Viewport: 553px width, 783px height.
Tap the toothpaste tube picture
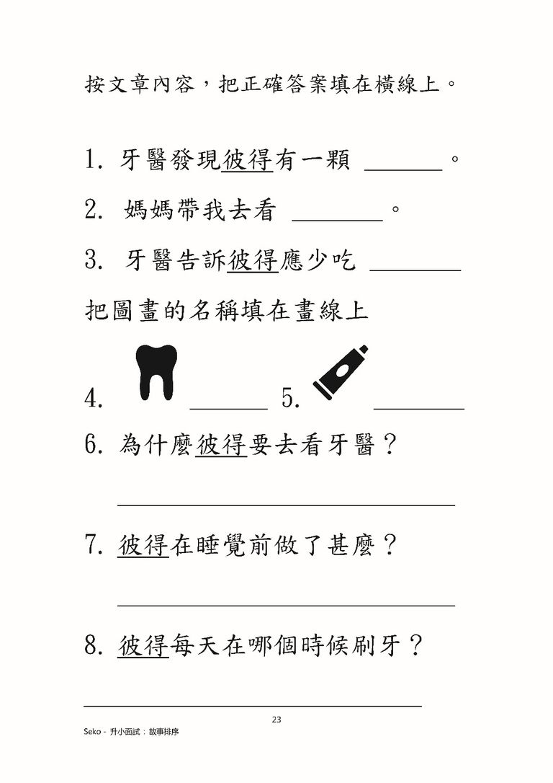pyautogui.click(x=341, y=373)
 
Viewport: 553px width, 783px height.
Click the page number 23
pyautogui.click(x=276, y=720)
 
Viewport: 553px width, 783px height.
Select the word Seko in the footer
pyautogui.click(x=91, y=732)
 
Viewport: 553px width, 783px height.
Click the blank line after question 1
pyautogui.click(x=403, y=170)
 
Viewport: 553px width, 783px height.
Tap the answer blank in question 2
pyautogui.click(x=337, y=220)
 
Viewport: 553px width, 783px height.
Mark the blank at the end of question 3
pyautogui.click(x=415, y=270)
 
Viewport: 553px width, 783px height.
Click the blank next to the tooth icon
pyautogui.click(x=229, y=409)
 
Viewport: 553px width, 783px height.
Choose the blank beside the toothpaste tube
pyautogui.click(x=419, y=409)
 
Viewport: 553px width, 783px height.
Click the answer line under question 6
pyautogui.click(x=287, y=505)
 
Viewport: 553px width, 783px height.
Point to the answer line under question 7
pyautogui.click(x=287, y=606)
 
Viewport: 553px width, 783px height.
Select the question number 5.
pyautogui.click(x=291, y=399)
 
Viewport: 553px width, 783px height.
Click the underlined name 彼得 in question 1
pyautogui.click(x=247, y=160)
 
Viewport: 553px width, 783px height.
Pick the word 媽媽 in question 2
pyautogui.click(x=148, y=210)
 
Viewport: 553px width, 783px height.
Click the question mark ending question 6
pyautogui.click(x=387, y=444)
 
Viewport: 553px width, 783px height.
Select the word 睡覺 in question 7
pyautogui.click(x=221, y=544)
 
